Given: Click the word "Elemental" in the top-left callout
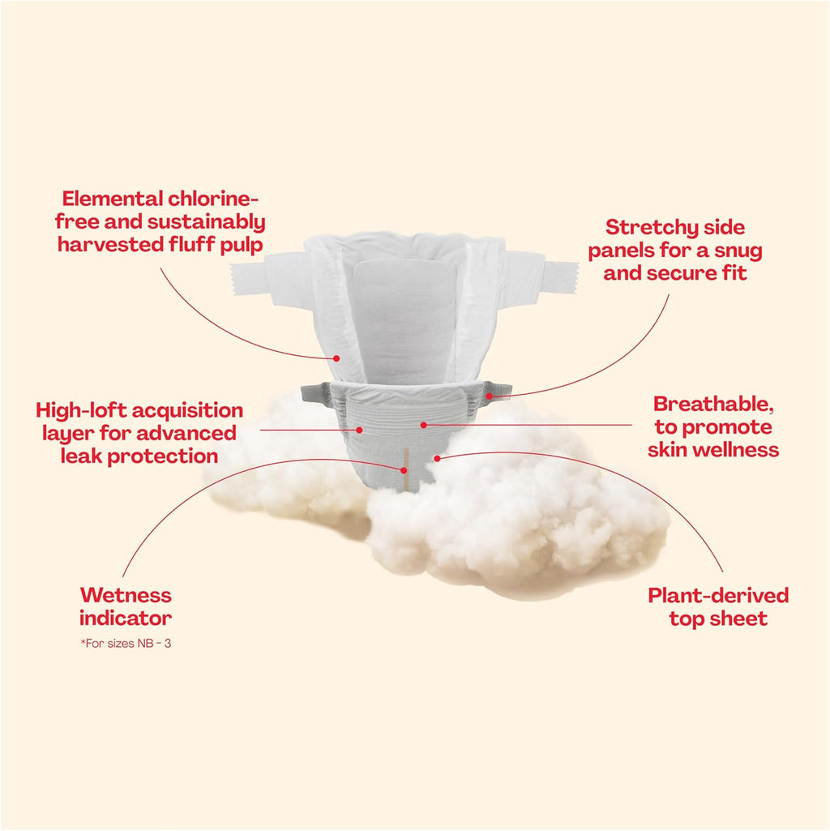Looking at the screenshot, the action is [113, 199].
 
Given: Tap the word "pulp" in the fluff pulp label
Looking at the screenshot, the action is [242, 246].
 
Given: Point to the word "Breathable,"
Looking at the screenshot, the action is [713, 405].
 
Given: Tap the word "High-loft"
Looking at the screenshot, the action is [81, 411].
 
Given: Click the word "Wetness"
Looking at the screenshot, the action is [126, 595].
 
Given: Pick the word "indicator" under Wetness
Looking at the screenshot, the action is [126, 618].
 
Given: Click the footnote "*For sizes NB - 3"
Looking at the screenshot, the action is [126, 644].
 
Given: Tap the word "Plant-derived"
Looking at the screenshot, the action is [718, 595].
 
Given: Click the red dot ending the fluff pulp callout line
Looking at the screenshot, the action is [336, 359].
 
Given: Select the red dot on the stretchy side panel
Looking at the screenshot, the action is [489, 396].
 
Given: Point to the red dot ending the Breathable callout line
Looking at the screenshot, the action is [423, 425].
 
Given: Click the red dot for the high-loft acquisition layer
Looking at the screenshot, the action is [359, 430].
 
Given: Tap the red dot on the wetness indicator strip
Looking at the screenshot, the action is [404, 470].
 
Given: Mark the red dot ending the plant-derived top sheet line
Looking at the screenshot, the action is [437, 458].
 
